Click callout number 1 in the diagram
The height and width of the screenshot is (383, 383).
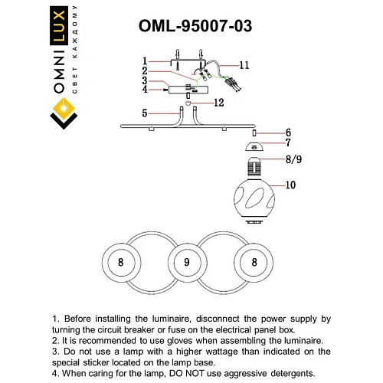click(x=144, y=61)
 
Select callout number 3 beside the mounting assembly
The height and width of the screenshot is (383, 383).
click(x=144, y=81)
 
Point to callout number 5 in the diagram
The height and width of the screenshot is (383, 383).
click(x=144, y=113)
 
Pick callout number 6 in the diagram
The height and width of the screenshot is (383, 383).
click(x=288, y=132)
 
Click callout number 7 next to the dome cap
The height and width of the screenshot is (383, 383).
click(x=288, y=143)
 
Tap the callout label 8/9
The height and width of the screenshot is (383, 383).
click(x=293, y=161)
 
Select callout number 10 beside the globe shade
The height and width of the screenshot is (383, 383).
click(x=291, y=184)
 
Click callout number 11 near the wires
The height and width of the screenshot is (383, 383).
click(x=244, y=64)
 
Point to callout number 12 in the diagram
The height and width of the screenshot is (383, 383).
click(x=218, y=102)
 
